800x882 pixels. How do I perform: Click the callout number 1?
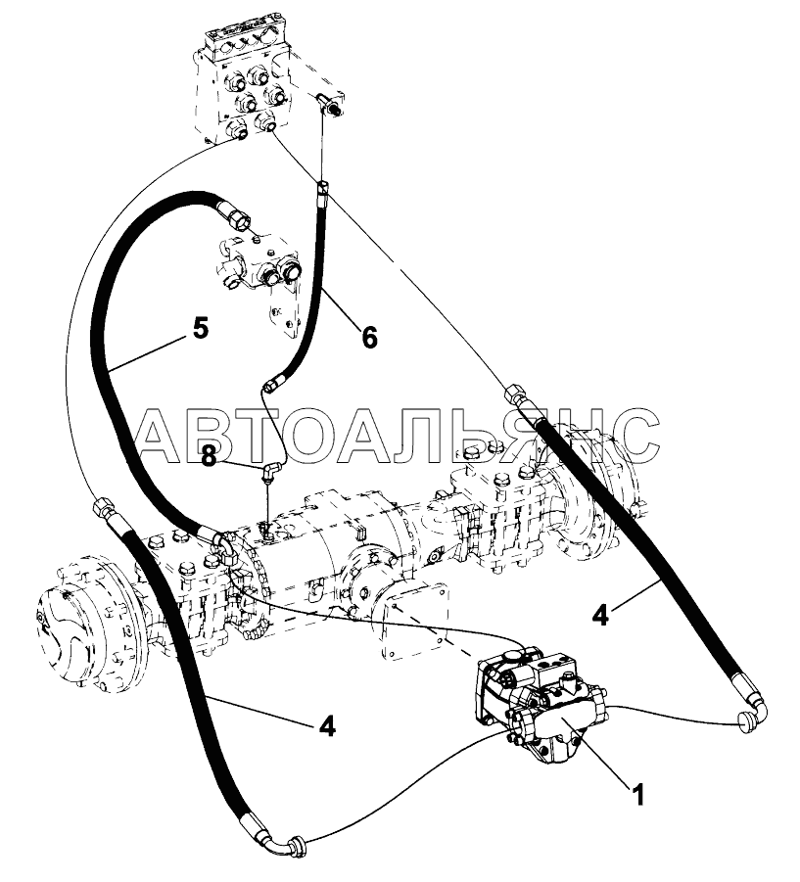tap(637, 796)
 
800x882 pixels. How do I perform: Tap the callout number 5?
tap(201, 329)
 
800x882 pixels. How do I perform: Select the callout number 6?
tap(369, 338)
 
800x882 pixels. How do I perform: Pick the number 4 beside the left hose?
tap(327, 726)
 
